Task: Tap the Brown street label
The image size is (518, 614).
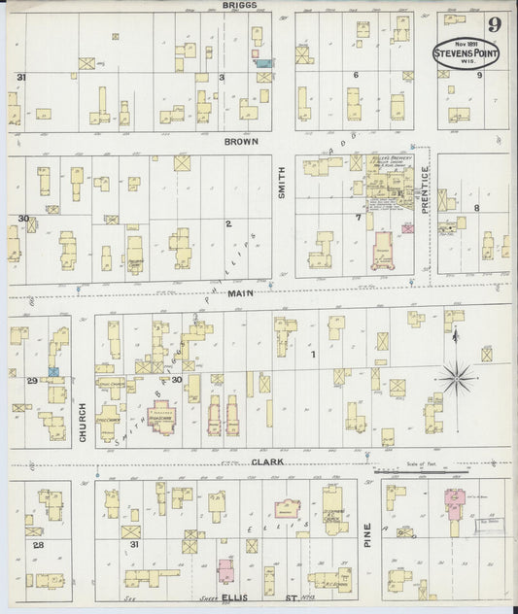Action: (x=240, y=141)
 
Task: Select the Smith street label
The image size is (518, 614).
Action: (x=283, y=180)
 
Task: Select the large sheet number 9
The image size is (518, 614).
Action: (x=496, y=23)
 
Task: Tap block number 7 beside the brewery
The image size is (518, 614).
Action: (x=358, y=217)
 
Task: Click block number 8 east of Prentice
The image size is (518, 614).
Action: (x=476, y=208)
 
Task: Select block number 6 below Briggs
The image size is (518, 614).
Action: (x=356, y=75)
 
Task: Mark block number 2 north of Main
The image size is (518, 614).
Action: (x=228, y=223)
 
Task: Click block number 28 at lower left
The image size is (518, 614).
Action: (x=38, y=546)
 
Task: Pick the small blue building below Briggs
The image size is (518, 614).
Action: (x=262, y=62)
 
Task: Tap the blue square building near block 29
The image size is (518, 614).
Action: (x=53, y=371)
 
